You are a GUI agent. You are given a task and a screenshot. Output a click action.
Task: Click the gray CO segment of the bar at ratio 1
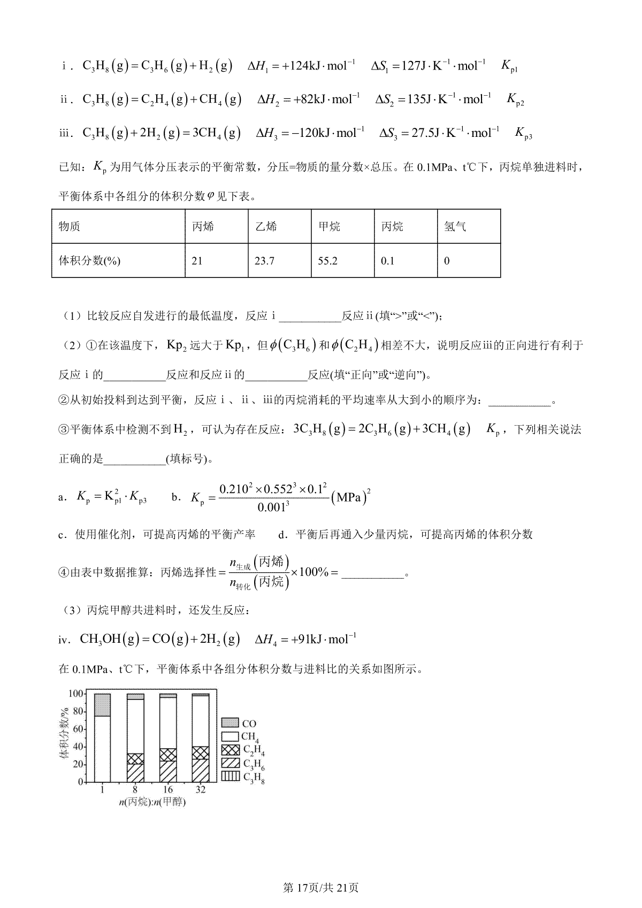pyautogui.click(x=102, y=705)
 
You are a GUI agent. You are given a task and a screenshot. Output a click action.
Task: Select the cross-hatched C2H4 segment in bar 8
pyautogui.click(x=135, y=759)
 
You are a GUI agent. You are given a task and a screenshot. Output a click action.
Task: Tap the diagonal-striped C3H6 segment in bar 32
pyautogui.click(x=201, y=770)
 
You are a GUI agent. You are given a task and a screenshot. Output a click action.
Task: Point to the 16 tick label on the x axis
pyautogui.click(x=168, y=790)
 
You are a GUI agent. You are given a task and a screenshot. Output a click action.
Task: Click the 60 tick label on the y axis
pyautogui.click(x=78, y=729)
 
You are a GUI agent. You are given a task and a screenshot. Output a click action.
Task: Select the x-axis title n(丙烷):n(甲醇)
pyautogui.click(x=153, y=802)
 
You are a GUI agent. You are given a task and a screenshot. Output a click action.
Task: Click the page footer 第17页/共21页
pyautogui.click(x=320, y=887)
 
